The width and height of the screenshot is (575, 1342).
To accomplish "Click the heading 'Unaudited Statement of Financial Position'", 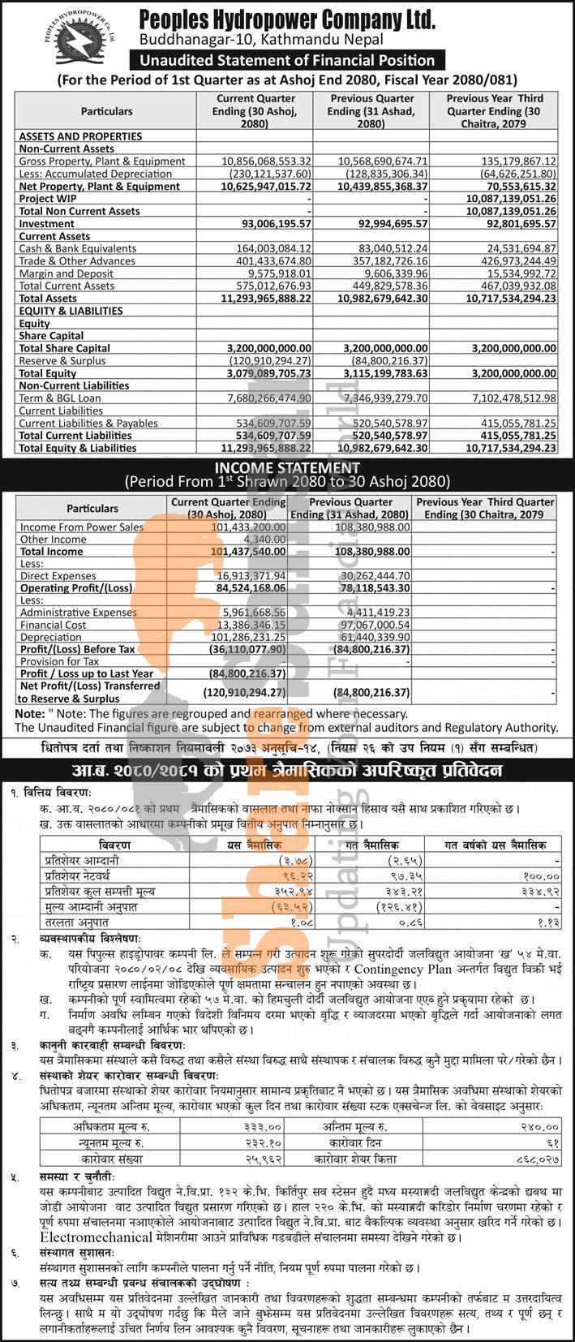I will click(287, 60).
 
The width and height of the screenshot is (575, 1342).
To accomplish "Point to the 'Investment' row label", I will click(47, 223).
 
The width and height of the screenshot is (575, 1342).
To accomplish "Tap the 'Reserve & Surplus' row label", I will click(62, 360).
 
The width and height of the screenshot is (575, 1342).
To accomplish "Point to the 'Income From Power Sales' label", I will click(82, 527).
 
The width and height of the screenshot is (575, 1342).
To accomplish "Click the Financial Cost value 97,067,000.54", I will click(370, 625).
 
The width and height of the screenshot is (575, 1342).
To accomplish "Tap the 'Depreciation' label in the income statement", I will click(53, 637).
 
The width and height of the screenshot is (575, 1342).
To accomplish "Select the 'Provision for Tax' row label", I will click(61, 661).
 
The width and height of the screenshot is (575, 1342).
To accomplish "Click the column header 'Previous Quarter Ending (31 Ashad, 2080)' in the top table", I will click(371, 110).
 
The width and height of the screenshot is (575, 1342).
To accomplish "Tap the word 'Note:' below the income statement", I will click(29, 713).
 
